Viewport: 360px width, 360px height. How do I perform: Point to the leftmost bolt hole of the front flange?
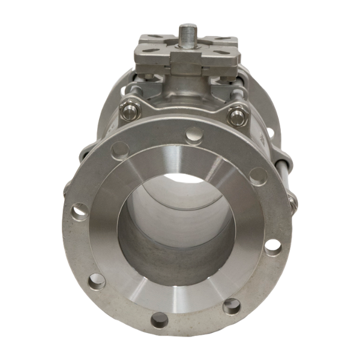(x=77, y=211)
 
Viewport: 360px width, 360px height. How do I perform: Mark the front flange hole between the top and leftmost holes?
(x=119, y=149)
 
